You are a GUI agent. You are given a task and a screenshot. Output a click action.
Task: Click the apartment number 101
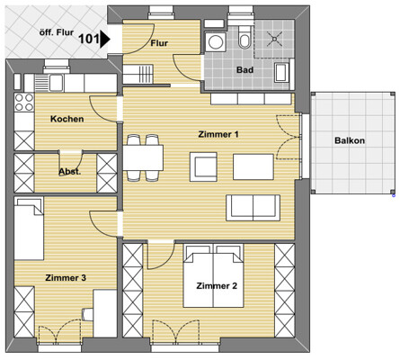click(89, 39)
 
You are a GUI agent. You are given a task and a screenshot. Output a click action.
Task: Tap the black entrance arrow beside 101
click(104, 39)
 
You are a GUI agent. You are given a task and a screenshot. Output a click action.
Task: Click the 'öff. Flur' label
click(57, 32)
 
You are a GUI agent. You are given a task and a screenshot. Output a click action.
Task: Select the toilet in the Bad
click(244, 37)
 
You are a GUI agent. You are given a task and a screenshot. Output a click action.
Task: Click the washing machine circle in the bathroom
click(215, 42)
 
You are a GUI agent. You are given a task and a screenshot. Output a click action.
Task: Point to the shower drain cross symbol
click(274, 39)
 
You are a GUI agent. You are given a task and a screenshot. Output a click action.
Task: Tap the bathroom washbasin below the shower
click(282, 72)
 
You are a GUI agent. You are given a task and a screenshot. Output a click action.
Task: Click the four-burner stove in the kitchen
click(24, 103)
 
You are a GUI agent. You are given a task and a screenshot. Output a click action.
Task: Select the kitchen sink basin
click(56, 83)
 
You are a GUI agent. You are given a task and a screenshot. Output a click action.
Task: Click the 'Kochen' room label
click(67, 119)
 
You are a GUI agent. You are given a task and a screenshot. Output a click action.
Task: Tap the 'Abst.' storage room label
click(69, 172)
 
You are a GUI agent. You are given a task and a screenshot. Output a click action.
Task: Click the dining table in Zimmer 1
click(143, 157)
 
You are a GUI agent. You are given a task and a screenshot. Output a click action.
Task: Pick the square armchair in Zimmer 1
click(203, 166)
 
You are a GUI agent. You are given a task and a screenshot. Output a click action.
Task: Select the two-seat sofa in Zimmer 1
click(253, 208)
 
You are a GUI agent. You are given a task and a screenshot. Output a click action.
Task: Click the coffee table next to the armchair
click(253, 166)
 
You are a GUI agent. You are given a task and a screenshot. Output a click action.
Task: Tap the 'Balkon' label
click(350, 140)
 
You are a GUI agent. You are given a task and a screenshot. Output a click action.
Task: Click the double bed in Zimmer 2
click(213, 276)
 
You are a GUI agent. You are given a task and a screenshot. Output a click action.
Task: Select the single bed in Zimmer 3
click(29, 229)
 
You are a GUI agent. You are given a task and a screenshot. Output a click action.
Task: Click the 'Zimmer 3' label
click(66, 278)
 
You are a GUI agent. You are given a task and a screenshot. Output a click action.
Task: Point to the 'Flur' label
click(159, 43)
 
